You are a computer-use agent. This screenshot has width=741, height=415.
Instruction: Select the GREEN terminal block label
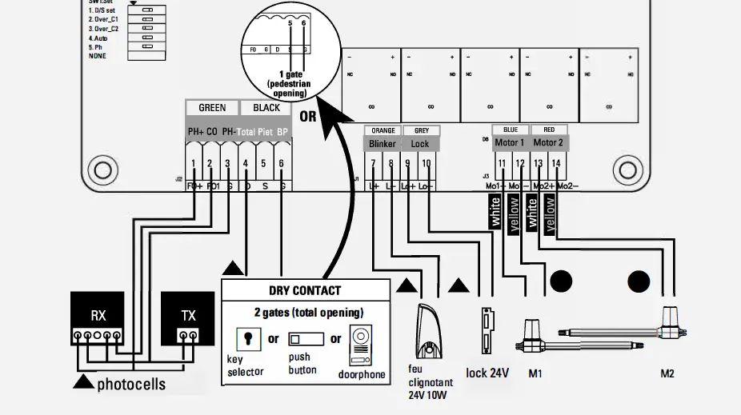[x=212, y=108]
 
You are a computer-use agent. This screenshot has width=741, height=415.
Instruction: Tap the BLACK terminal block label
[x=266, y=108]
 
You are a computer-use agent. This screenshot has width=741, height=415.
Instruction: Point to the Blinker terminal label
[x=383, y=144]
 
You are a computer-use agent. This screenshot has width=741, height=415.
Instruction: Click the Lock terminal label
[x=420, y=144]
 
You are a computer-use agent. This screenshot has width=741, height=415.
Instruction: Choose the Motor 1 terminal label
[x=510, y=143]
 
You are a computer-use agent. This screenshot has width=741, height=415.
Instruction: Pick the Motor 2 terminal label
[x=549, y=143]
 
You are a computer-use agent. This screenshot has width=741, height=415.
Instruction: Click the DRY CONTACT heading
[x=305, y=291]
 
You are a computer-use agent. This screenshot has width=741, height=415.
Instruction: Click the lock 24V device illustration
[x=485, y=331]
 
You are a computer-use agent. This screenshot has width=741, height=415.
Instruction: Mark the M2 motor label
[x=667, y=373]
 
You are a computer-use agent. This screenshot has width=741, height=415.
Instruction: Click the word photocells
[x=131, y=385]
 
